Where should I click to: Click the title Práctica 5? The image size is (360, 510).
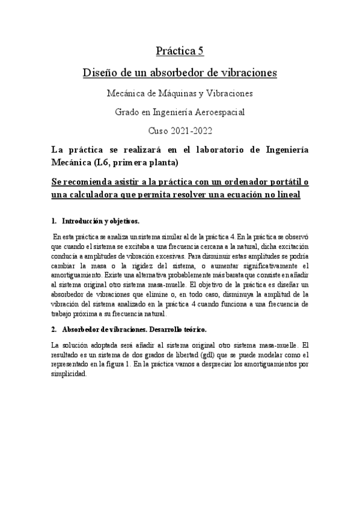click(180, 52)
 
